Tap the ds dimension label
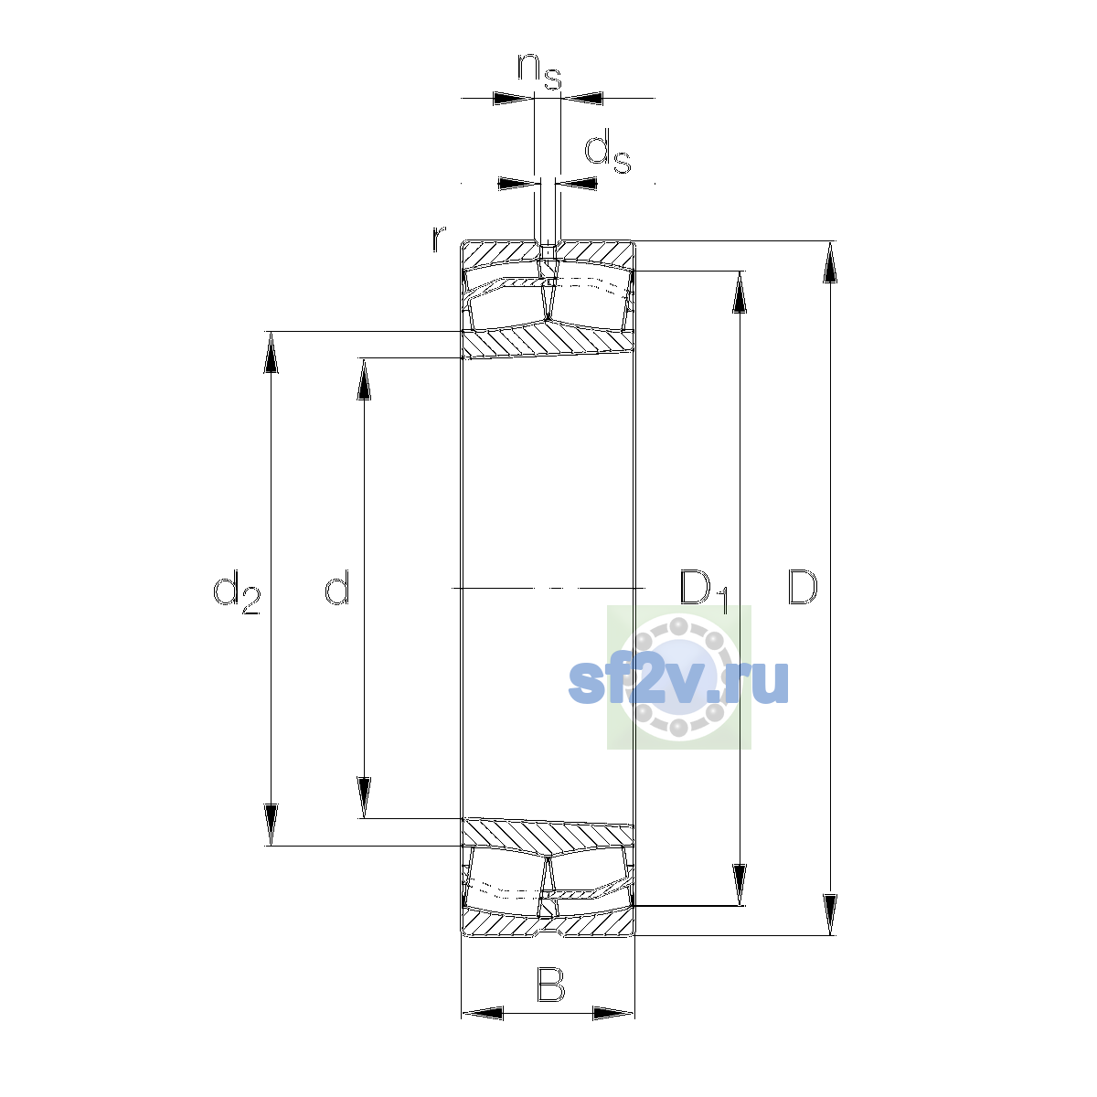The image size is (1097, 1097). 608,151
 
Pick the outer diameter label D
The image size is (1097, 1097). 802,587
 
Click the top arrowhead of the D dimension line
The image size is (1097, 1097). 830,261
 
